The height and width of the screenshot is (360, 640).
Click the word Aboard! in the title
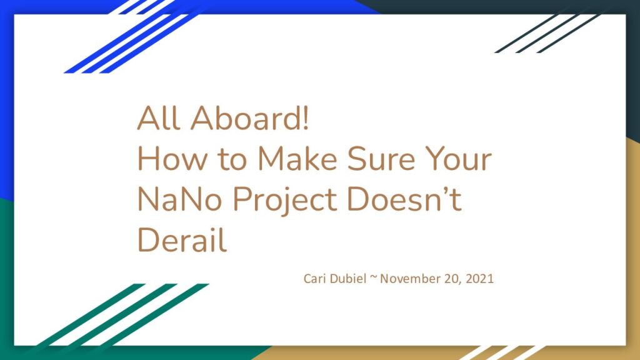tap(249, 117)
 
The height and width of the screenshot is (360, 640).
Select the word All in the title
tap(158, 117)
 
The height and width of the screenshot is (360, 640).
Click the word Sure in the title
tap(381, 158)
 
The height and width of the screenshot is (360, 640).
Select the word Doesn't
tap(404, 199)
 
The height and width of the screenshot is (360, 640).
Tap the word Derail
tap(182, 240)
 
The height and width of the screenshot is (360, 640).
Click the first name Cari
tap(315, 278)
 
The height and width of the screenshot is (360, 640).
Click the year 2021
tap(479, 279)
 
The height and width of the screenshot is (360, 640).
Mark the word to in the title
tap(232, 159)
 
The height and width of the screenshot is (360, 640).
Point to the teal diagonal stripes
tap(122, 315)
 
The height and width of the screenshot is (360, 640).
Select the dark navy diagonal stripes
tap(547, 34)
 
